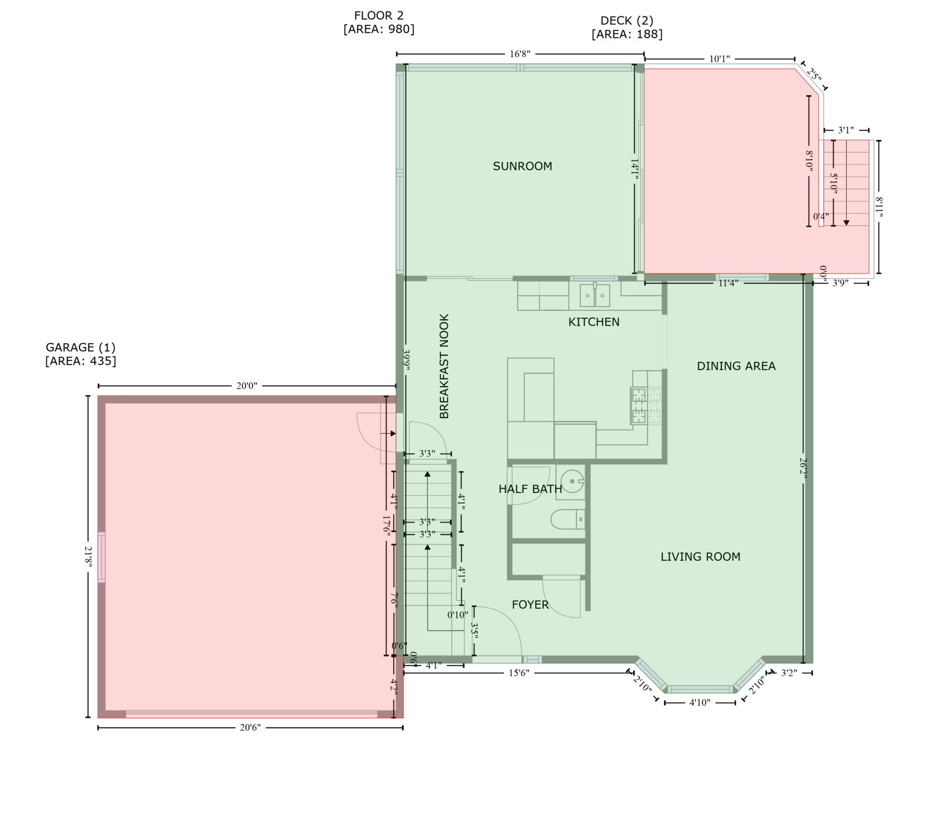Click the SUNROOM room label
point(523,166)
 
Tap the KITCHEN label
point(594,322)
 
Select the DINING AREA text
point(736,366)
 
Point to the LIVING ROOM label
point(701,556)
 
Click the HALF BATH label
point(530,489)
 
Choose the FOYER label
point(530,605)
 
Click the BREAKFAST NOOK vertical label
point(444,367)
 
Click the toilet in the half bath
point(568,520)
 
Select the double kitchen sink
point(595,295)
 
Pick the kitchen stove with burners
point(647,405)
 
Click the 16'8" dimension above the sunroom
point(520,54)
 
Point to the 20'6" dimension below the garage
point(250,728)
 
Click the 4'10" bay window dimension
point(700,703)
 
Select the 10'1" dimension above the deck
point(720,59)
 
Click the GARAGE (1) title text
point(80,348)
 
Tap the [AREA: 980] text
point(379,30)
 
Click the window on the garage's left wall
point(102,557)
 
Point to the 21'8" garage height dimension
point(89,557)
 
